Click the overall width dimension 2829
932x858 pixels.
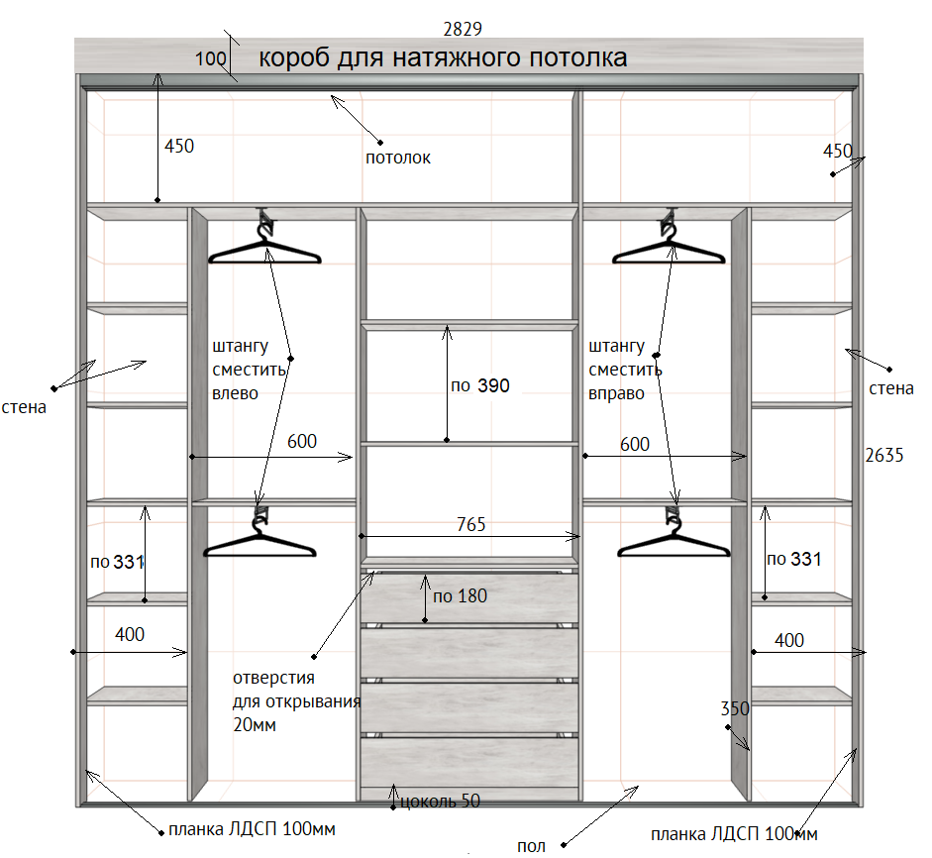[463, 29]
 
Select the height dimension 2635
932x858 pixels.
[883, 455]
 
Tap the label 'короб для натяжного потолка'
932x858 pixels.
[443, 58]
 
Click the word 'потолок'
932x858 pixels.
[397, 158]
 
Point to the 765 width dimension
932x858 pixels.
[470, 524]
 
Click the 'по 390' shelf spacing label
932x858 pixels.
[480, 385]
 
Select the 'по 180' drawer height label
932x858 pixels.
[460, 595]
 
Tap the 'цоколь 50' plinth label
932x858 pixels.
[440, 801]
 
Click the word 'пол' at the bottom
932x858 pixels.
[531, 845]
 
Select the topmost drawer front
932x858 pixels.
[469, 598]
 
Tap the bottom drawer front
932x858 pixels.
[469, 762]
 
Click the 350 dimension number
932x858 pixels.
[735, 708]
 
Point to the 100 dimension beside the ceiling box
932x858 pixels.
[210, 58]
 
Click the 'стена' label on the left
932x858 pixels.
[24, 407]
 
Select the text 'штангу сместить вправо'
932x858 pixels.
[625, 370]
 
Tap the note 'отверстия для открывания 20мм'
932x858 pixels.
[296, 701]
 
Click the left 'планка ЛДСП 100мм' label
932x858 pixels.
[252, 829]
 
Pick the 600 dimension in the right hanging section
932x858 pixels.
[634, 444]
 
